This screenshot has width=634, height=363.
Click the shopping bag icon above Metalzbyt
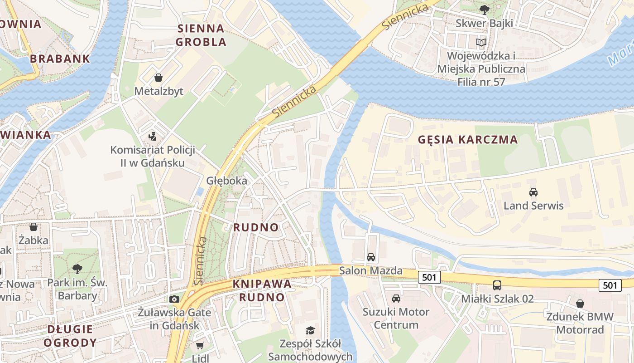(158, 78)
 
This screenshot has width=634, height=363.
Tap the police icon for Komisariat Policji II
(153, 136)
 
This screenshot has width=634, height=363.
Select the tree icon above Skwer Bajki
(484, 9)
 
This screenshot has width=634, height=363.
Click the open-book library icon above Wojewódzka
(481, 43)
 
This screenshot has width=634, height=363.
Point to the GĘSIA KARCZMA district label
(468, 139)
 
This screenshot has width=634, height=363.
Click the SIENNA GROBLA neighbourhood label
(201, 35)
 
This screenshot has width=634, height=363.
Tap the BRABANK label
(60, 59)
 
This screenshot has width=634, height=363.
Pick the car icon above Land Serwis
(533, 192)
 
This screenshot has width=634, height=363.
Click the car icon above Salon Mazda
(371, 257)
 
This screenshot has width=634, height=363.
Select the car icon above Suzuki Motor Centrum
(396, 298)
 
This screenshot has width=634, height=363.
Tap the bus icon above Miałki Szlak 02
(497, 285)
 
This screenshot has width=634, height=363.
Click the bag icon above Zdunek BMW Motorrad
(580, 303)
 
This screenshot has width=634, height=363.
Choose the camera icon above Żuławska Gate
(174, 299)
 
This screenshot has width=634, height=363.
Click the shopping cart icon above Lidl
(200, 345)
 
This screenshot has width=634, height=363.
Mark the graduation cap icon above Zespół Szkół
(310, 330)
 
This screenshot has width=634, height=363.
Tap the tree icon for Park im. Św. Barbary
(77, 269)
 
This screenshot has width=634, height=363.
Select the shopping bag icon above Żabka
(33, 227)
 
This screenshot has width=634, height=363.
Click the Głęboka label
(227, 181)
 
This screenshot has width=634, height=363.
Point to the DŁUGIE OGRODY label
(70, 336)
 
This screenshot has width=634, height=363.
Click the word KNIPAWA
(262, 284)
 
